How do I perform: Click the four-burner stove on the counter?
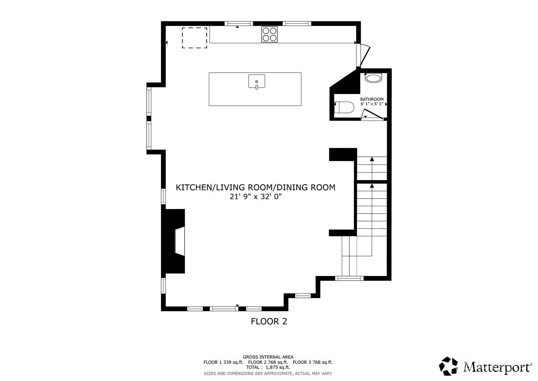(x=269, y=34)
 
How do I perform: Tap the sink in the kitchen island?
(x=256, y=82)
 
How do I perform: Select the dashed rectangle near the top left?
(x=194, y=38)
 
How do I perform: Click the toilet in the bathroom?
(x=345, y=107)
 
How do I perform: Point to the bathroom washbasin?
(x=373, y=78)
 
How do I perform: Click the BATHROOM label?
(x=372, y=99)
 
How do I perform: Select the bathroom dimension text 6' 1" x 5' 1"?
(x=372, y=104)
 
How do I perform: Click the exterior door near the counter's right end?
(x=364, y=56)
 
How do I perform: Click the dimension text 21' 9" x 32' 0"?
(x=255, y=197)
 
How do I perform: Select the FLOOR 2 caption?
(x=269, y=321)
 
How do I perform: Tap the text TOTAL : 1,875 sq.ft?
(x=268, y=368)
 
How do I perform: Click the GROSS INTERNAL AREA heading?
(x=268, y=357)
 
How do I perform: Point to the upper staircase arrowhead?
(x=372, y=159)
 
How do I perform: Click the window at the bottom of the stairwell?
(x=349, y=278)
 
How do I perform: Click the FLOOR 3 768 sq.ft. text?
(x=313, y=362)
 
